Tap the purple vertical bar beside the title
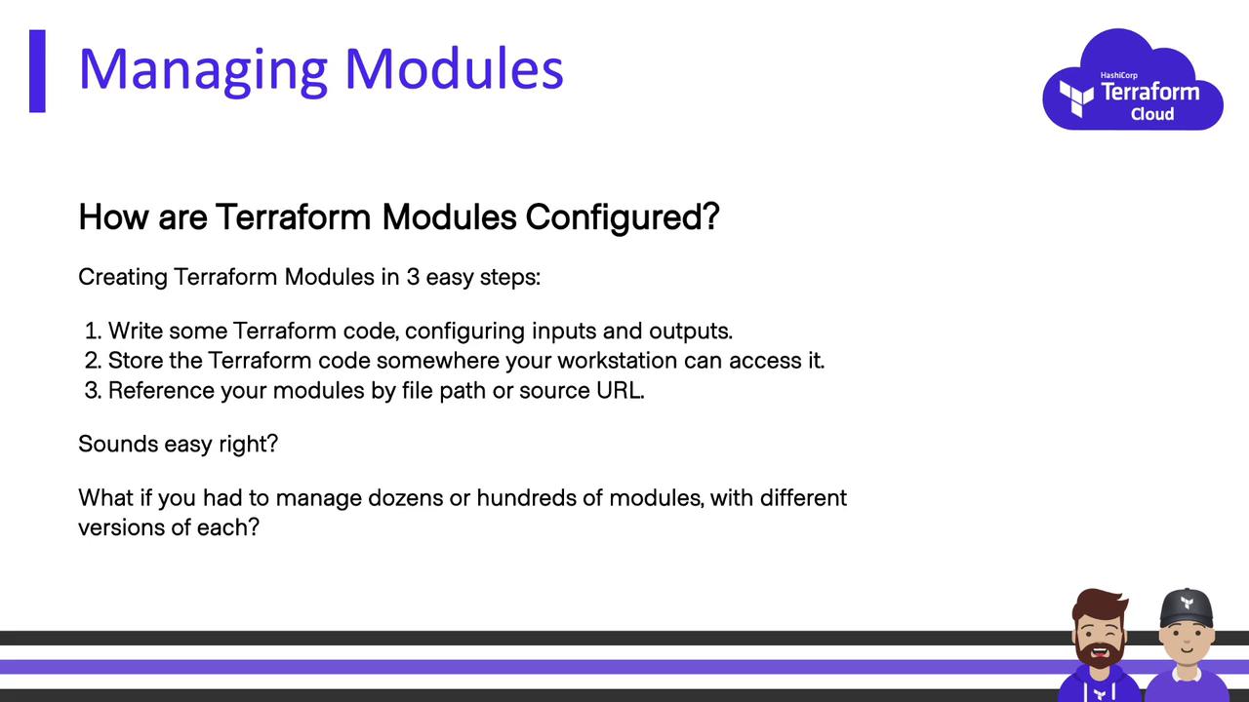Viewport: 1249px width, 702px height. pos(37,71)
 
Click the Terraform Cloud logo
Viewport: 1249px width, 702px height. pos(1133,80)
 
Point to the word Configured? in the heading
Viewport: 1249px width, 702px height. pos(623,216)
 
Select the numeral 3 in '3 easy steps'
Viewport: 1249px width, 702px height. pos(413,277)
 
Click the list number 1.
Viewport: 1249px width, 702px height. pos(93,331)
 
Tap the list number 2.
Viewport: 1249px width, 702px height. pos(93,361)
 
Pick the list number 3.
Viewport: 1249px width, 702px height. pos(93,391)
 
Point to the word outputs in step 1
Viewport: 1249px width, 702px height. pos(690,331)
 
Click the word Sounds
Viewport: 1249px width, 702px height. pos(118,444)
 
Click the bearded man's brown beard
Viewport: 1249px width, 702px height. pos(1099,654)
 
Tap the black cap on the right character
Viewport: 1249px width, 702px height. pos(1187,607)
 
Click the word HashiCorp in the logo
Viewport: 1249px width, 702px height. pos(1118,75)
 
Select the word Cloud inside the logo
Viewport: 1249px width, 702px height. pos(1152,114)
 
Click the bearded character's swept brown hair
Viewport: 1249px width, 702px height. pos(1099,604)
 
